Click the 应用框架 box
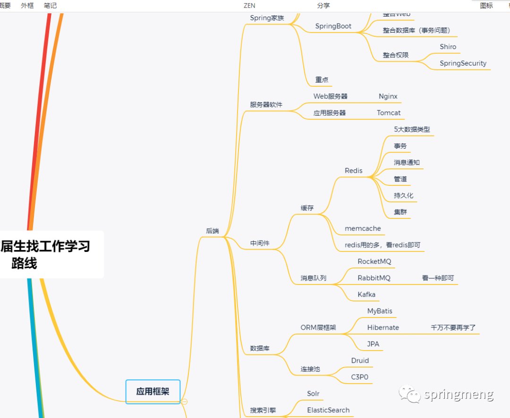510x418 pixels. pyautogui.click(x=153, y=392)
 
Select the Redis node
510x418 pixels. pyautogui.click(x=354, y=171)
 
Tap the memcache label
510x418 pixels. pyautogui.click(x=363, y=229)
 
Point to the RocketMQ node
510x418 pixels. pyautogui.click(x=374, y=261)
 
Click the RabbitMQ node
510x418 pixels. pyautogui.click(x=374, y=278)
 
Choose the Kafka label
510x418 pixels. pyautogui.click(x=366, y=295)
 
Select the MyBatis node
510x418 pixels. pyautogui.click(x=380, y=311)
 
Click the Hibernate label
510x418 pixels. pyautogui.click(x=383, y=328)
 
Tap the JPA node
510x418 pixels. pyautogui.click(x=373, y=344)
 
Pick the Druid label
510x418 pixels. pyautogui.click(x=360, y=361)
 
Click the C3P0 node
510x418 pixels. pyautogui.click(x=359, y=377)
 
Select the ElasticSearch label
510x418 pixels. pyautogui.click(x=328, y=410)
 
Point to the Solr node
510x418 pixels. pyautogui.click(x=313, y=394)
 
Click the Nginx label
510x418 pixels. pyautogui.click(x=388, y=97)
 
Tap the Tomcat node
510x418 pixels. pyautogui.click(x=389, y=113)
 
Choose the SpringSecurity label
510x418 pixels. pyautogui.click(x=463, y=64)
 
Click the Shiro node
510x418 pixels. pyautogui.click(x=448, y=47)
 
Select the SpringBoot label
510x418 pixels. pyautogui.click(x=333, y=26)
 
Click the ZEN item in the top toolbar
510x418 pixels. pyautogui.click(x=249, y=6)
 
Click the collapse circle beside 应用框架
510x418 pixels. pyautogui.click(x=185, y=401)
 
